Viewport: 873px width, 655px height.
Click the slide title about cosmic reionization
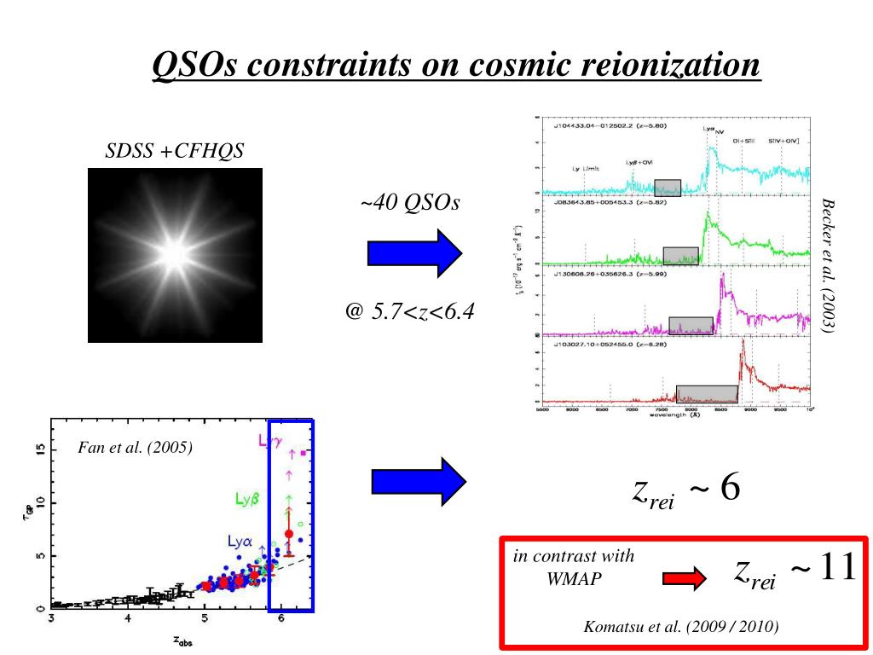pos(455,65)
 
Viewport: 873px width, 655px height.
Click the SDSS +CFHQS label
pos(174,152)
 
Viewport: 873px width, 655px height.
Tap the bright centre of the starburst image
pos(175,253)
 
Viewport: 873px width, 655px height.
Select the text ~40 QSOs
pos(410,203)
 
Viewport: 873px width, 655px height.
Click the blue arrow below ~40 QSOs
pos(413,253)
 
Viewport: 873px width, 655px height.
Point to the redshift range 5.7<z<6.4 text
pos(410,311)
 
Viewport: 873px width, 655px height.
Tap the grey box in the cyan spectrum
pos(668,188)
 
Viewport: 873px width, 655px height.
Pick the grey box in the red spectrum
pos(707,393)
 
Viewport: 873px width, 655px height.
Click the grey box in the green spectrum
pos(681,255)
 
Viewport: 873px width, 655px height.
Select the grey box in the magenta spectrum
pos(691,325)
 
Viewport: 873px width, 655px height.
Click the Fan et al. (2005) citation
pos(136,448)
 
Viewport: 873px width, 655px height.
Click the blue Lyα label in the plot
pos(240,541)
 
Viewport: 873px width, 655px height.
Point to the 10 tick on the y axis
pos(39,503)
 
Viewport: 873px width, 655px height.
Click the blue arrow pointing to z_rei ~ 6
pos(419,482)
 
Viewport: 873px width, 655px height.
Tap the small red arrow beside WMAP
pos(685,580)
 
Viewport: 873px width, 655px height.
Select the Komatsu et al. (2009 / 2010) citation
pos(681,627)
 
